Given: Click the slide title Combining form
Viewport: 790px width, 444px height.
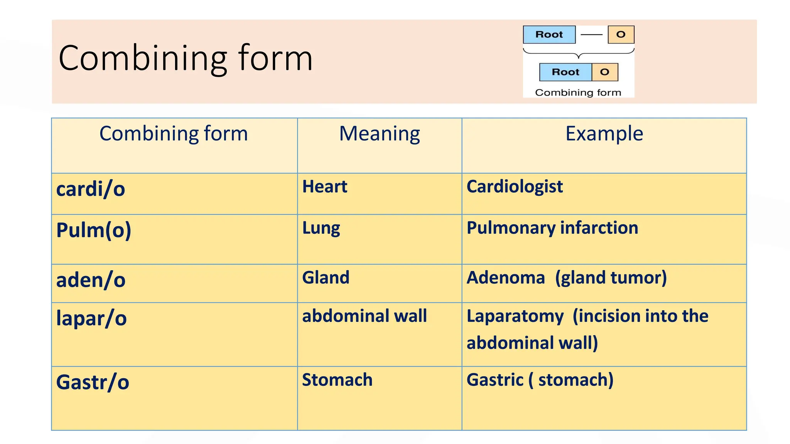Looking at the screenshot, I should pos(186,58).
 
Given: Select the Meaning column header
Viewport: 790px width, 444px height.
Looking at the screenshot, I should pos(379,134).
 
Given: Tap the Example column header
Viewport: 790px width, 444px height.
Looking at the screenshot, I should pos(604,134).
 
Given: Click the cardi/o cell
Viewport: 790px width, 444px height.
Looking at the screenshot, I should pos(91,189).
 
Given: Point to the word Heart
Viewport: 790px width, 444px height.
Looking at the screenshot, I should pos(324,187).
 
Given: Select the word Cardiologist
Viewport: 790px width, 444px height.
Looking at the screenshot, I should pos(515,187).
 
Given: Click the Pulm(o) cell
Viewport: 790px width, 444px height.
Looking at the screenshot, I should pos(94,230).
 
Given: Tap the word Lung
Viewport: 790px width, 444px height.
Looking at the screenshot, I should pos(321,228).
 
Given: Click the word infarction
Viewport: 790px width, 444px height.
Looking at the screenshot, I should pos(599,228).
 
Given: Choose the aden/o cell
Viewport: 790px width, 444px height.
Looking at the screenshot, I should pos(91,280).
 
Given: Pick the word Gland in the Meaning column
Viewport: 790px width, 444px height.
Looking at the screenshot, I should pos(326,278).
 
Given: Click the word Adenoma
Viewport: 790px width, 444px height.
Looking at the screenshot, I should pos(506,278).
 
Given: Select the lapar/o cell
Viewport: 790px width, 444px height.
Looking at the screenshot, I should pos(91,318).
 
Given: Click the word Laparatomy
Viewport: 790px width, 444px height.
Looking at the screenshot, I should pos(515,316).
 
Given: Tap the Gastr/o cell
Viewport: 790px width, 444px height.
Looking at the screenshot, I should pos(93,382).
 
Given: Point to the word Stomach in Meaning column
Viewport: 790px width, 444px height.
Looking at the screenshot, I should pos(337,380).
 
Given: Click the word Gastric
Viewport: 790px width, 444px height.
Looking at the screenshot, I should pos(495,380).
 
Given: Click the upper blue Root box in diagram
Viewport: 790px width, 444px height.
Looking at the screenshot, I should pos(549,35).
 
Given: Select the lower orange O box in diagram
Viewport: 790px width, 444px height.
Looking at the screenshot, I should pos(604,72).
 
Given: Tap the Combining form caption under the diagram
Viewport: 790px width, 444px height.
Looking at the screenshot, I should pos(578,92).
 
